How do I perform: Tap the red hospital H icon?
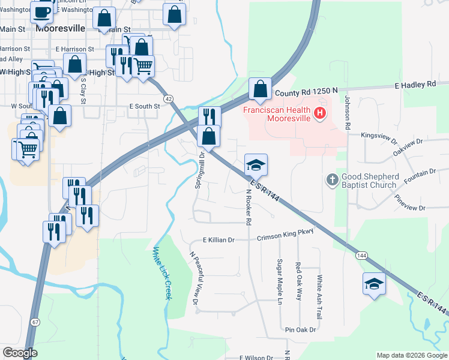point(321,112)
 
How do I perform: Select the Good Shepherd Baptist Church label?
point(369,181)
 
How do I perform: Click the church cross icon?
point(332,179)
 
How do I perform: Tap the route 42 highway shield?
point(169,98)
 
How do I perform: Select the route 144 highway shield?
point(361,256)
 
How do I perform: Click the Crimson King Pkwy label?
point(285,238)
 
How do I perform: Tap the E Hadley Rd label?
point(414,85)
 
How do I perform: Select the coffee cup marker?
point(42,11)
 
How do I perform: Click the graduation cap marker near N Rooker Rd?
point(255,164)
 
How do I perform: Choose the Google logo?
point(20,353)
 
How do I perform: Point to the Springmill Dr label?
point(200,170)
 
